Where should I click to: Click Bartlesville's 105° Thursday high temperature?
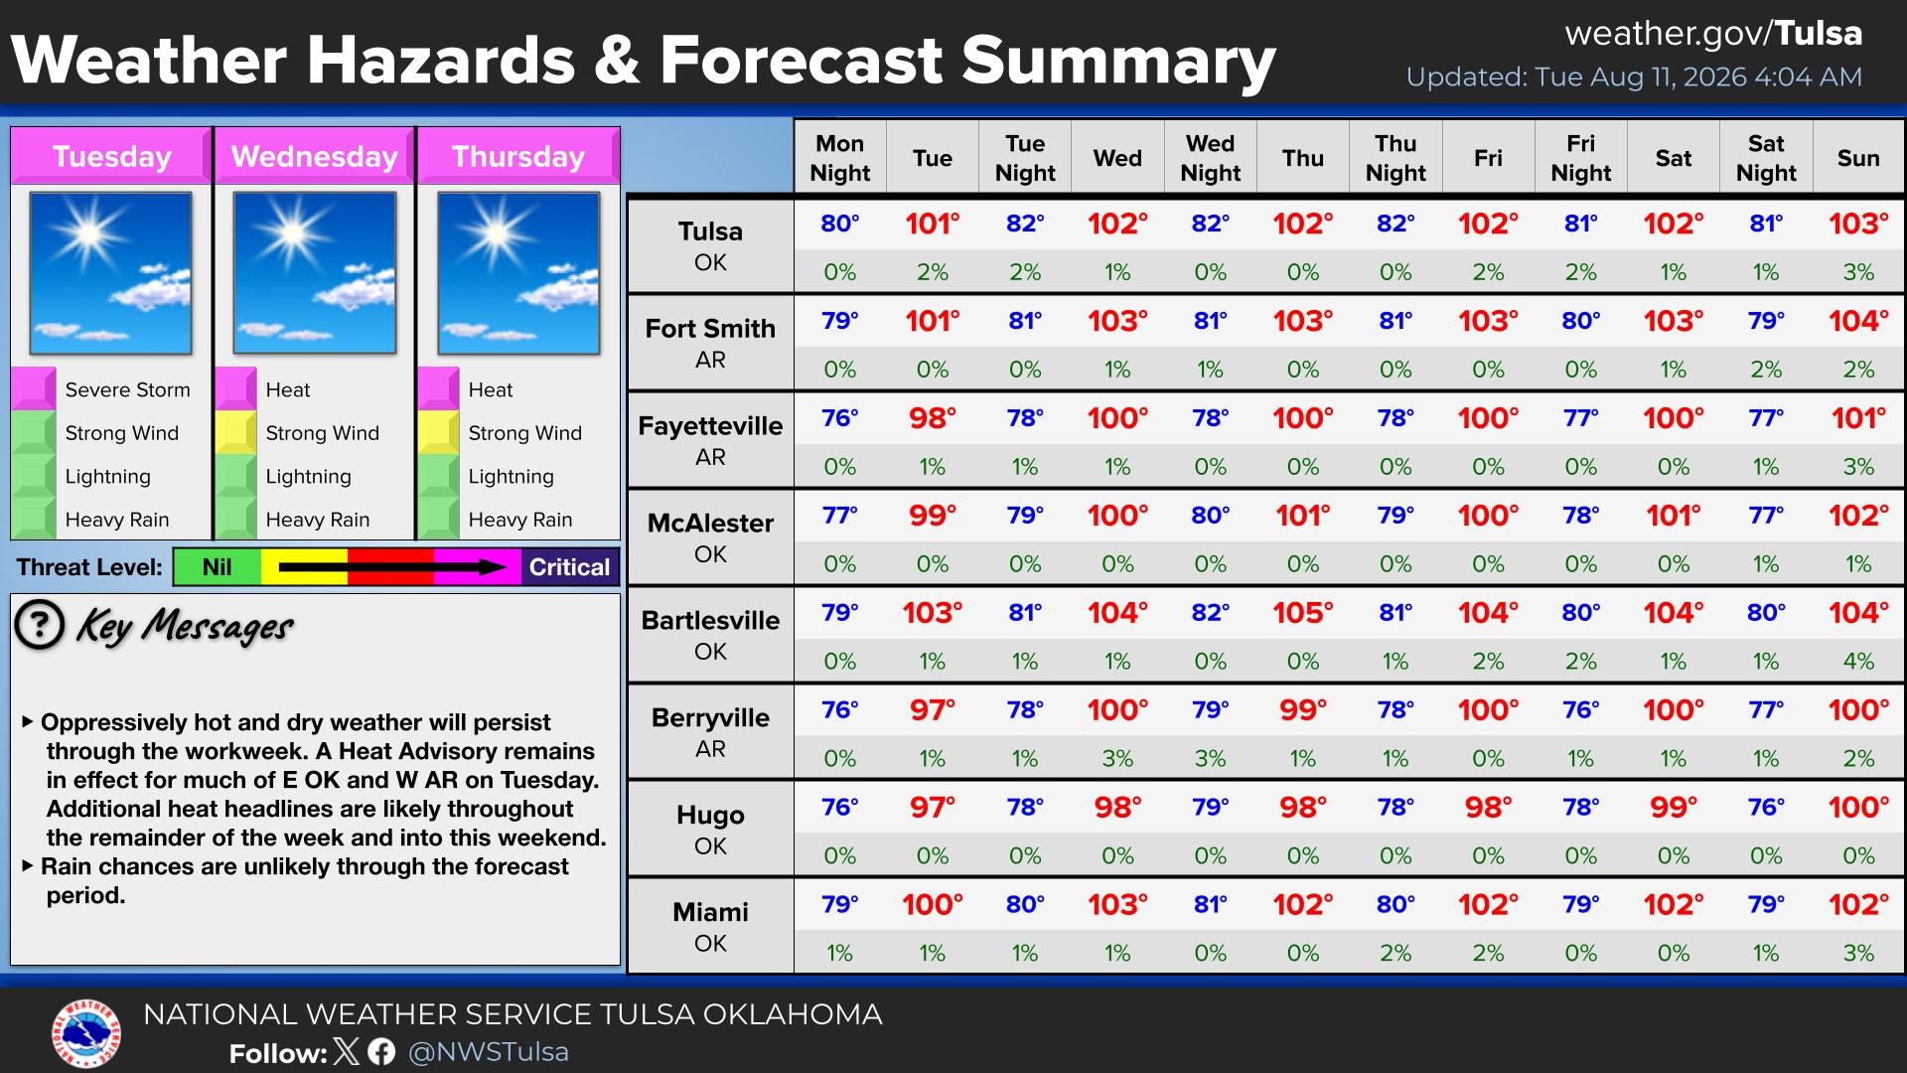point(1302,613)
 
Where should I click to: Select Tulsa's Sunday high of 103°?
point(1857,224)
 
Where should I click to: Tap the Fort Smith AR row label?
point(710,343)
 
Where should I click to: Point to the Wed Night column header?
point(1210,158)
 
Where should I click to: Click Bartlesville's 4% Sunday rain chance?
point(1857,662)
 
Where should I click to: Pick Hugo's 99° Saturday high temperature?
point(1673,808)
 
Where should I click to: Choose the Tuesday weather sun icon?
point(110,273)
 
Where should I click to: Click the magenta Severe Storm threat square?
point(33,388)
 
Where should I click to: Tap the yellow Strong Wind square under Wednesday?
point(236,432)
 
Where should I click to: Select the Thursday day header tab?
point(518,156)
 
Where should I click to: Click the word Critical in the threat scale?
point(569,567)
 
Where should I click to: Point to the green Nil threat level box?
point(218,567)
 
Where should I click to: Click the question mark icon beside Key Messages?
point(40,625)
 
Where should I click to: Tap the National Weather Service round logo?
point(86,1034)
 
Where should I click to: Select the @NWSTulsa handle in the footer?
point(489,1052)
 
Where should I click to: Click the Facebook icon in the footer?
point(381,1051)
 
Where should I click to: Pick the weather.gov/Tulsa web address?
point(1713,34)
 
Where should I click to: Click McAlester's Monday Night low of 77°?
point(839,516)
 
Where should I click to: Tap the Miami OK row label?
point(710,927)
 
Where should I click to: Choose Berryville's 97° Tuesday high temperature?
point(932,710)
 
